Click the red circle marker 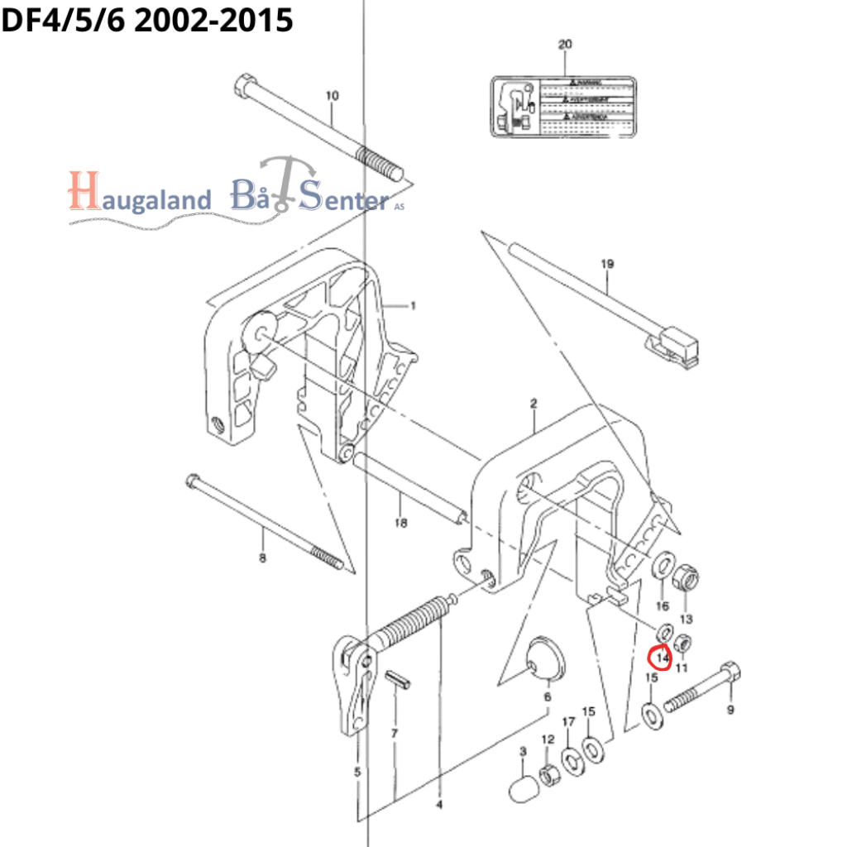(x=659, y=658)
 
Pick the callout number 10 (x=332, y=97)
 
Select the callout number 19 (x=608, y=265)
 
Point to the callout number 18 (x=400, y=523)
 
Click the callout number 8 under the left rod (x=262, y=559)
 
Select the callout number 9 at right (x=729, y=708)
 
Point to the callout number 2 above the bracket (x=536, y=404)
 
